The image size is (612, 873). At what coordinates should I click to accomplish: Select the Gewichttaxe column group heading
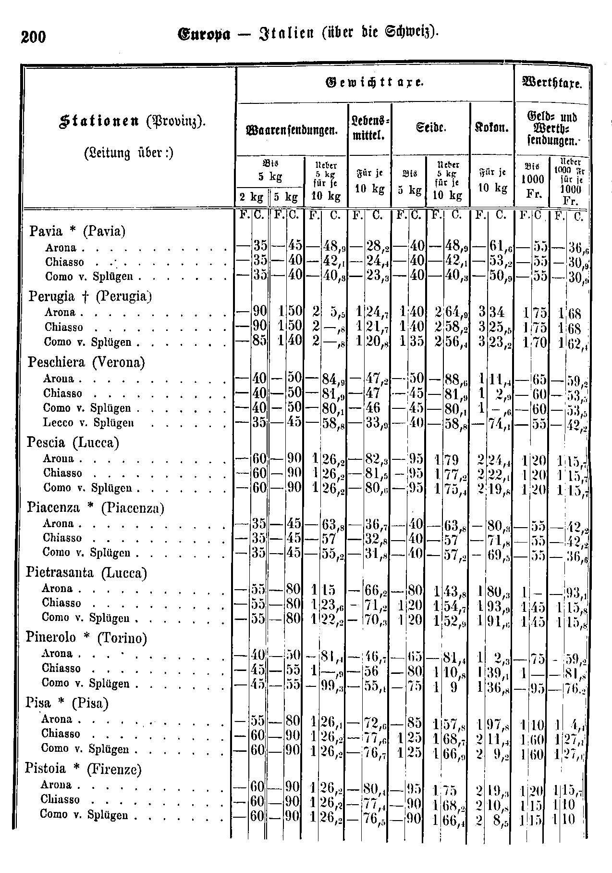coord(375,83)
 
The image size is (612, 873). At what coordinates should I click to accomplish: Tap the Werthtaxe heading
coord(552,84)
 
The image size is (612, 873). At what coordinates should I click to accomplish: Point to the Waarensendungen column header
coord(293,129)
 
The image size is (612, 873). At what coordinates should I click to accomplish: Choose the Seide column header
coord(431,128)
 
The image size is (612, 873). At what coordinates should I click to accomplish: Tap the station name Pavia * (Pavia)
coord(77,231)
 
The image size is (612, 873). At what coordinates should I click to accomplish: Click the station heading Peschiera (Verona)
coord(86,362)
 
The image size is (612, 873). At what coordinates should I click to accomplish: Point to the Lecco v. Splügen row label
coord(88,423)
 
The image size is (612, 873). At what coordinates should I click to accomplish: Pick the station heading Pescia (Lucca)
coord(73,442)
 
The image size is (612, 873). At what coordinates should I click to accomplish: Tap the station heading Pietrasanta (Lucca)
coord(86,573)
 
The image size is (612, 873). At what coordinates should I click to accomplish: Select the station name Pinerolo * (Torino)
coord(86,638)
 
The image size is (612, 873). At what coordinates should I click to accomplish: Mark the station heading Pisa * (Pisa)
coord(67,703)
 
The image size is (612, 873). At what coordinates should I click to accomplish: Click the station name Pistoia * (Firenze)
coord(83,769)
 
